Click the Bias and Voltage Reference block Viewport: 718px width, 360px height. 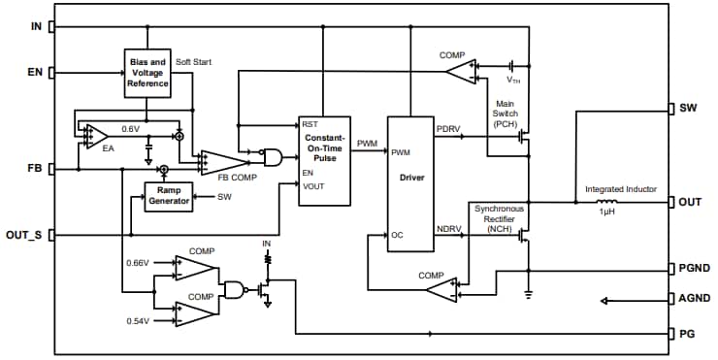[148, 73]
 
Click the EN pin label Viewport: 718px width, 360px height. [35, 72]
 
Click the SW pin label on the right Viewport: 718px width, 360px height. [690, 109]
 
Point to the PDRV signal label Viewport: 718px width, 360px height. [449, 129]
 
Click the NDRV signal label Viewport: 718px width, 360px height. [449, 229]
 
